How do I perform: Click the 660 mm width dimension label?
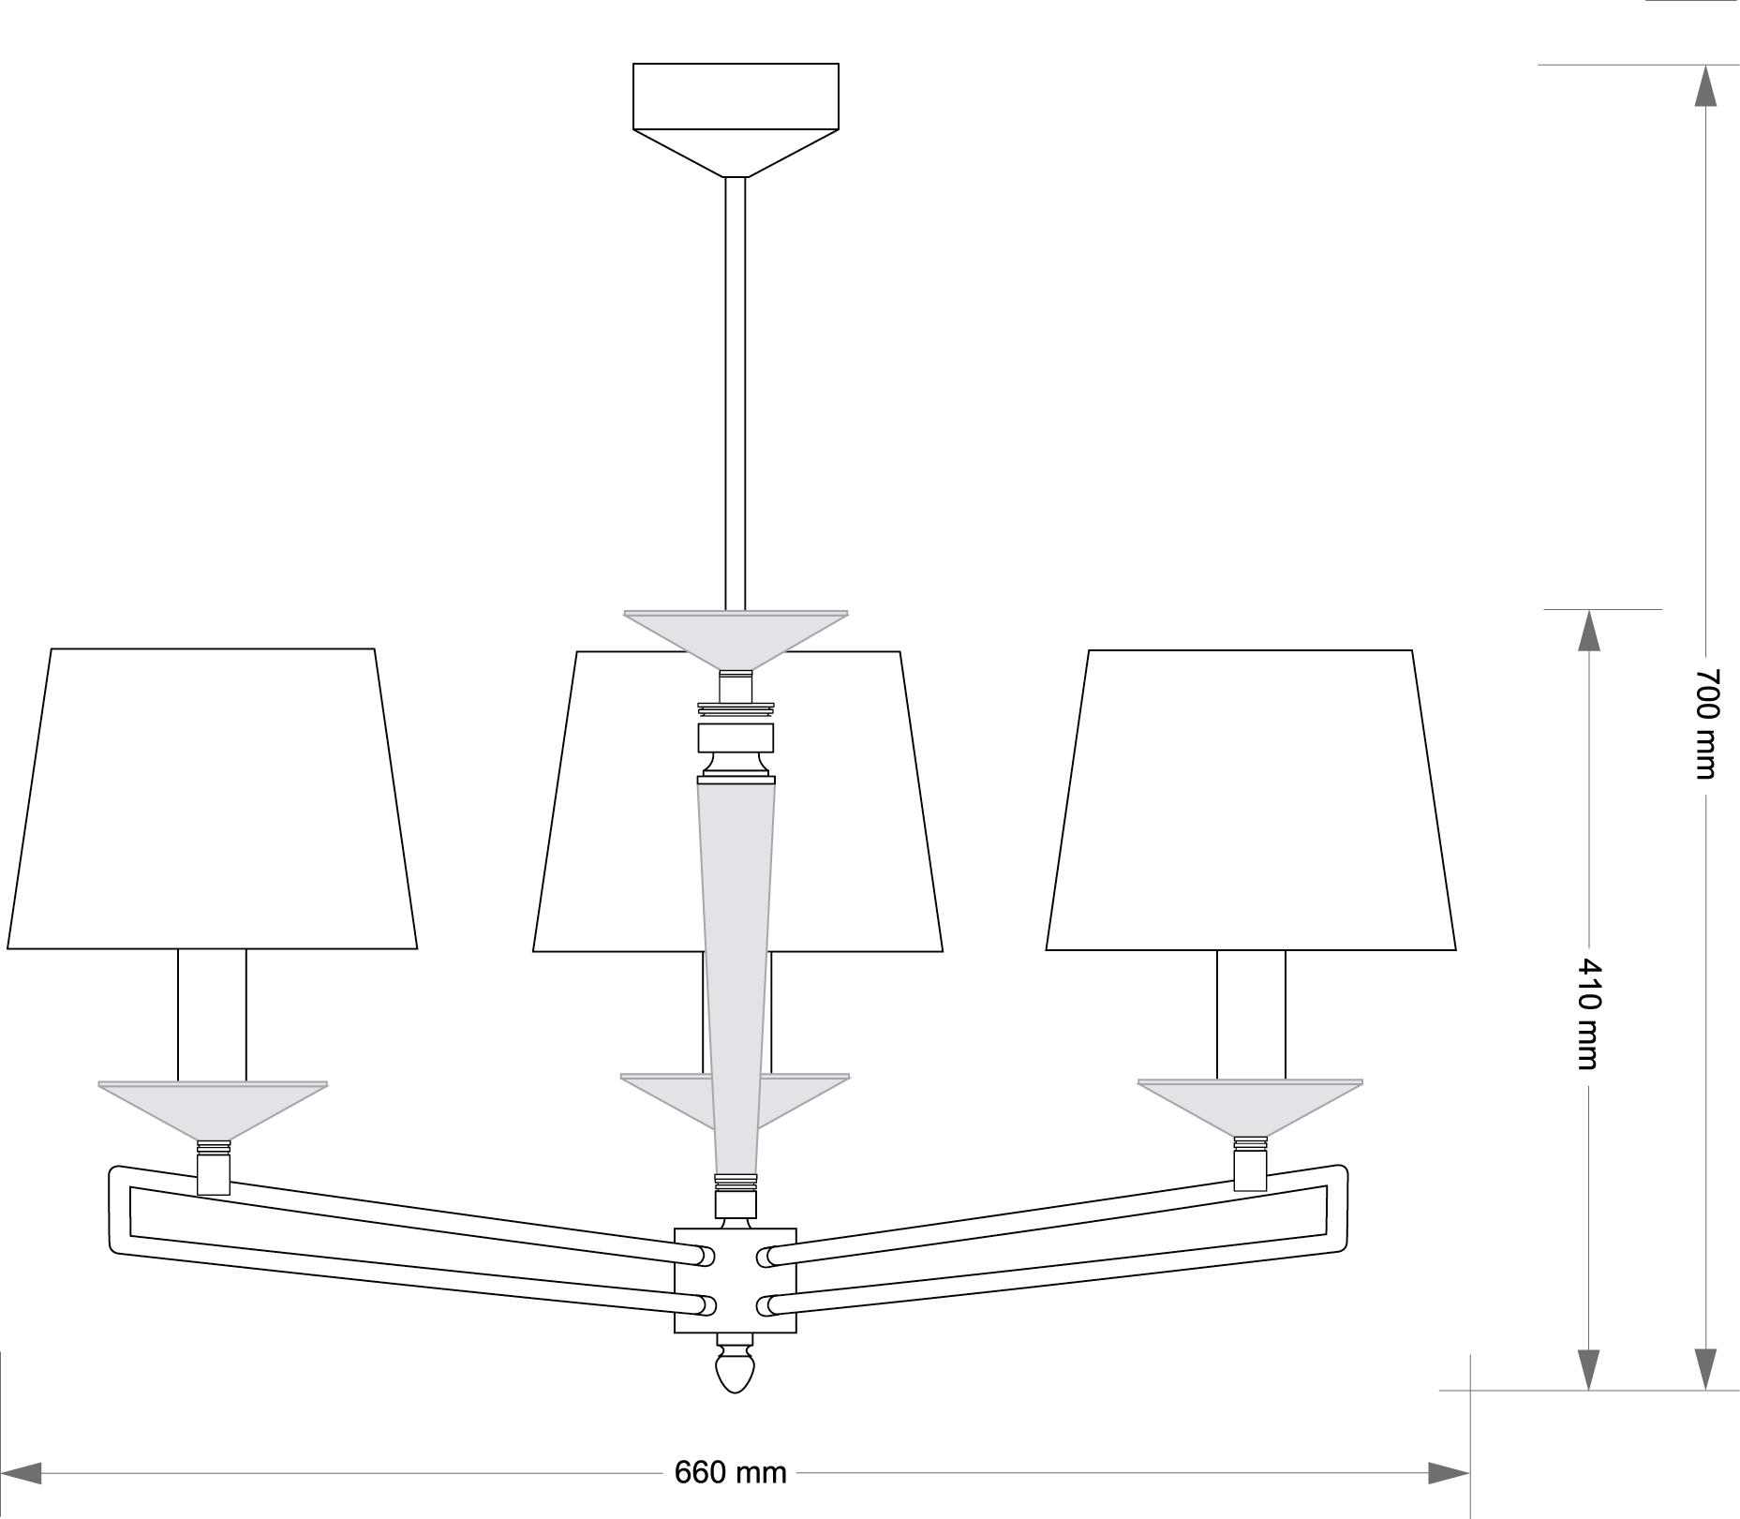pyautogui.click(x=730, y=1472)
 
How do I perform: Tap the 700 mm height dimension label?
pyautogui.click(x=1706, y=722)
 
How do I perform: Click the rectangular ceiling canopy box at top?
pyautogui.click(x=736, y=96)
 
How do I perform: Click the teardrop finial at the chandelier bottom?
pyautogui.click(x=735, y=1371)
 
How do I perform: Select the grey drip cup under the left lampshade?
pyautogui.click(x=214, y=1110)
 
